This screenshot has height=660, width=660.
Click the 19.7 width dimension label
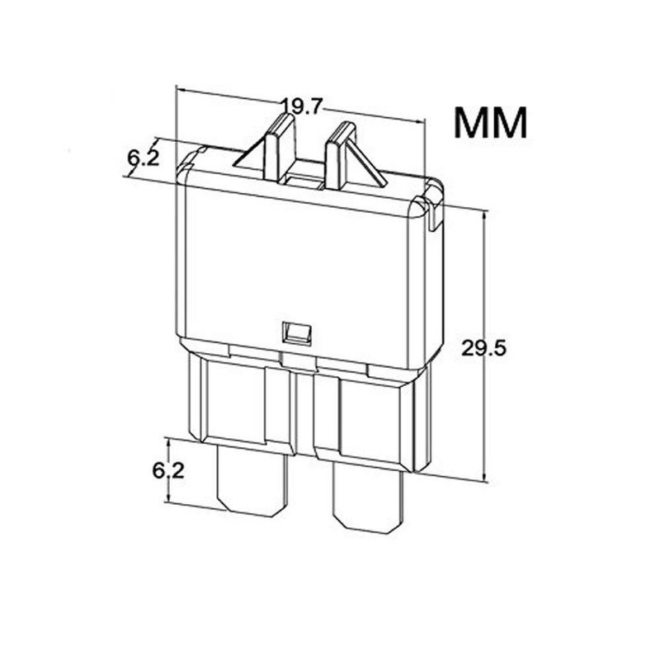301,107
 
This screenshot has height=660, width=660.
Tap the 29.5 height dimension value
483,348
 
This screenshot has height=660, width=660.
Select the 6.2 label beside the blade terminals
168,470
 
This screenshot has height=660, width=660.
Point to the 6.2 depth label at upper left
144,158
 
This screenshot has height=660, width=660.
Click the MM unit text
490,122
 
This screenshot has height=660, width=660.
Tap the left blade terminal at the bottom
252,480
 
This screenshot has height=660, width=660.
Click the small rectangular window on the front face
296,335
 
